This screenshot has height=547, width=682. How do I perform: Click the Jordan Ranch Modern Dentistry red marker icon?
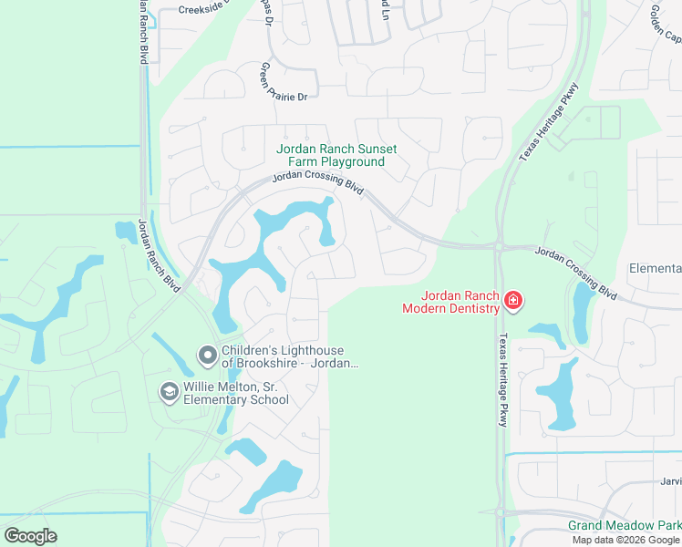pyautogui.click(x=513, y=300)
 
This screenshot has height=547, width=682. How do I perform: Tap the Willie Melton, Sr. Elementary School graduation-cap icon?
pyautogui.click(x=169, y=392)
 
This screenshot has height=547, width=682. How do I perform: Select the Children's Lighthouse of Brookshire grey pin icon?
pyautogui.click(x=208, y=355)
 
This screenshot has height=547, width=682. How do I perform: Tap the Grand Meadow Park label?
pyautogui.click(x=625, y=526)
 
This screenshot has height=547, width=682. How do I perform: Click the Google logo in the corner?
pyautogui.click(x=31, y=536)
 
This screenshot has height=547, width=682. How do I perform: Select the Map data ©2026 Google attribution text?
pyautogui.click(x=626, y=540)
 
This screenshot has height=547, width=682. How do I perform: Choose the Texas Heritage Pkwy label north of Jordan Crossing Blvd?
pyautogui.click(x=549, y=123)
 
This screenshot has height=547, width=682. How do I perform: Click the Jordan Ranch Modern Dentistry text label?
pyautogui.click(x=450, y=302)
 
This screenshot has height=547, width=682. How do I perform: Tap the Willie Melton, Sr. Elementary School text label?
pyautogui.click(x=236, y=393)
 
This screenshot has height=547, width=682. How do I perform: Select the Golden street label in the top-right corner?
pyautogui.click(x=665, y=25)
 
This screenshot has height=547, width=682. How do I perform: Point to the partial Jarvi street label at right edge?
pyautogui.click(x=671, y=481)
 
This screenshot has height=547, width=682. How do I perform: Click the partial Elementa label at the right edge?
pyautogui.click(x=655, y=268)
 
